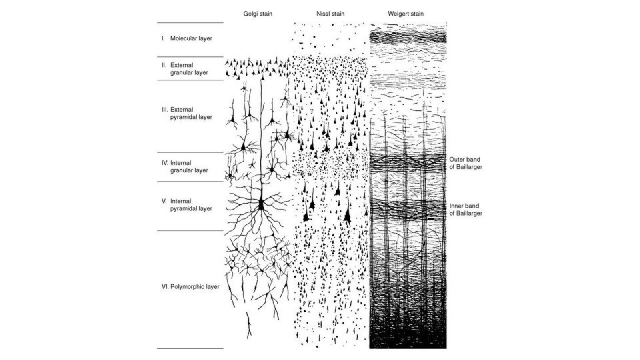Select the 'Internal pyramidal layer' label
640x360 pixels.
pos(191,205)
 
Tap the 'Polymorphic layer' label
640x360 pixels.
pos(195,286)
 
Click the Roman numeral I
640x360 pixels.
pos(162,38)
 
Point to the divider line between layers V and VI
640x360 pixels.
pos(189,231)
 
